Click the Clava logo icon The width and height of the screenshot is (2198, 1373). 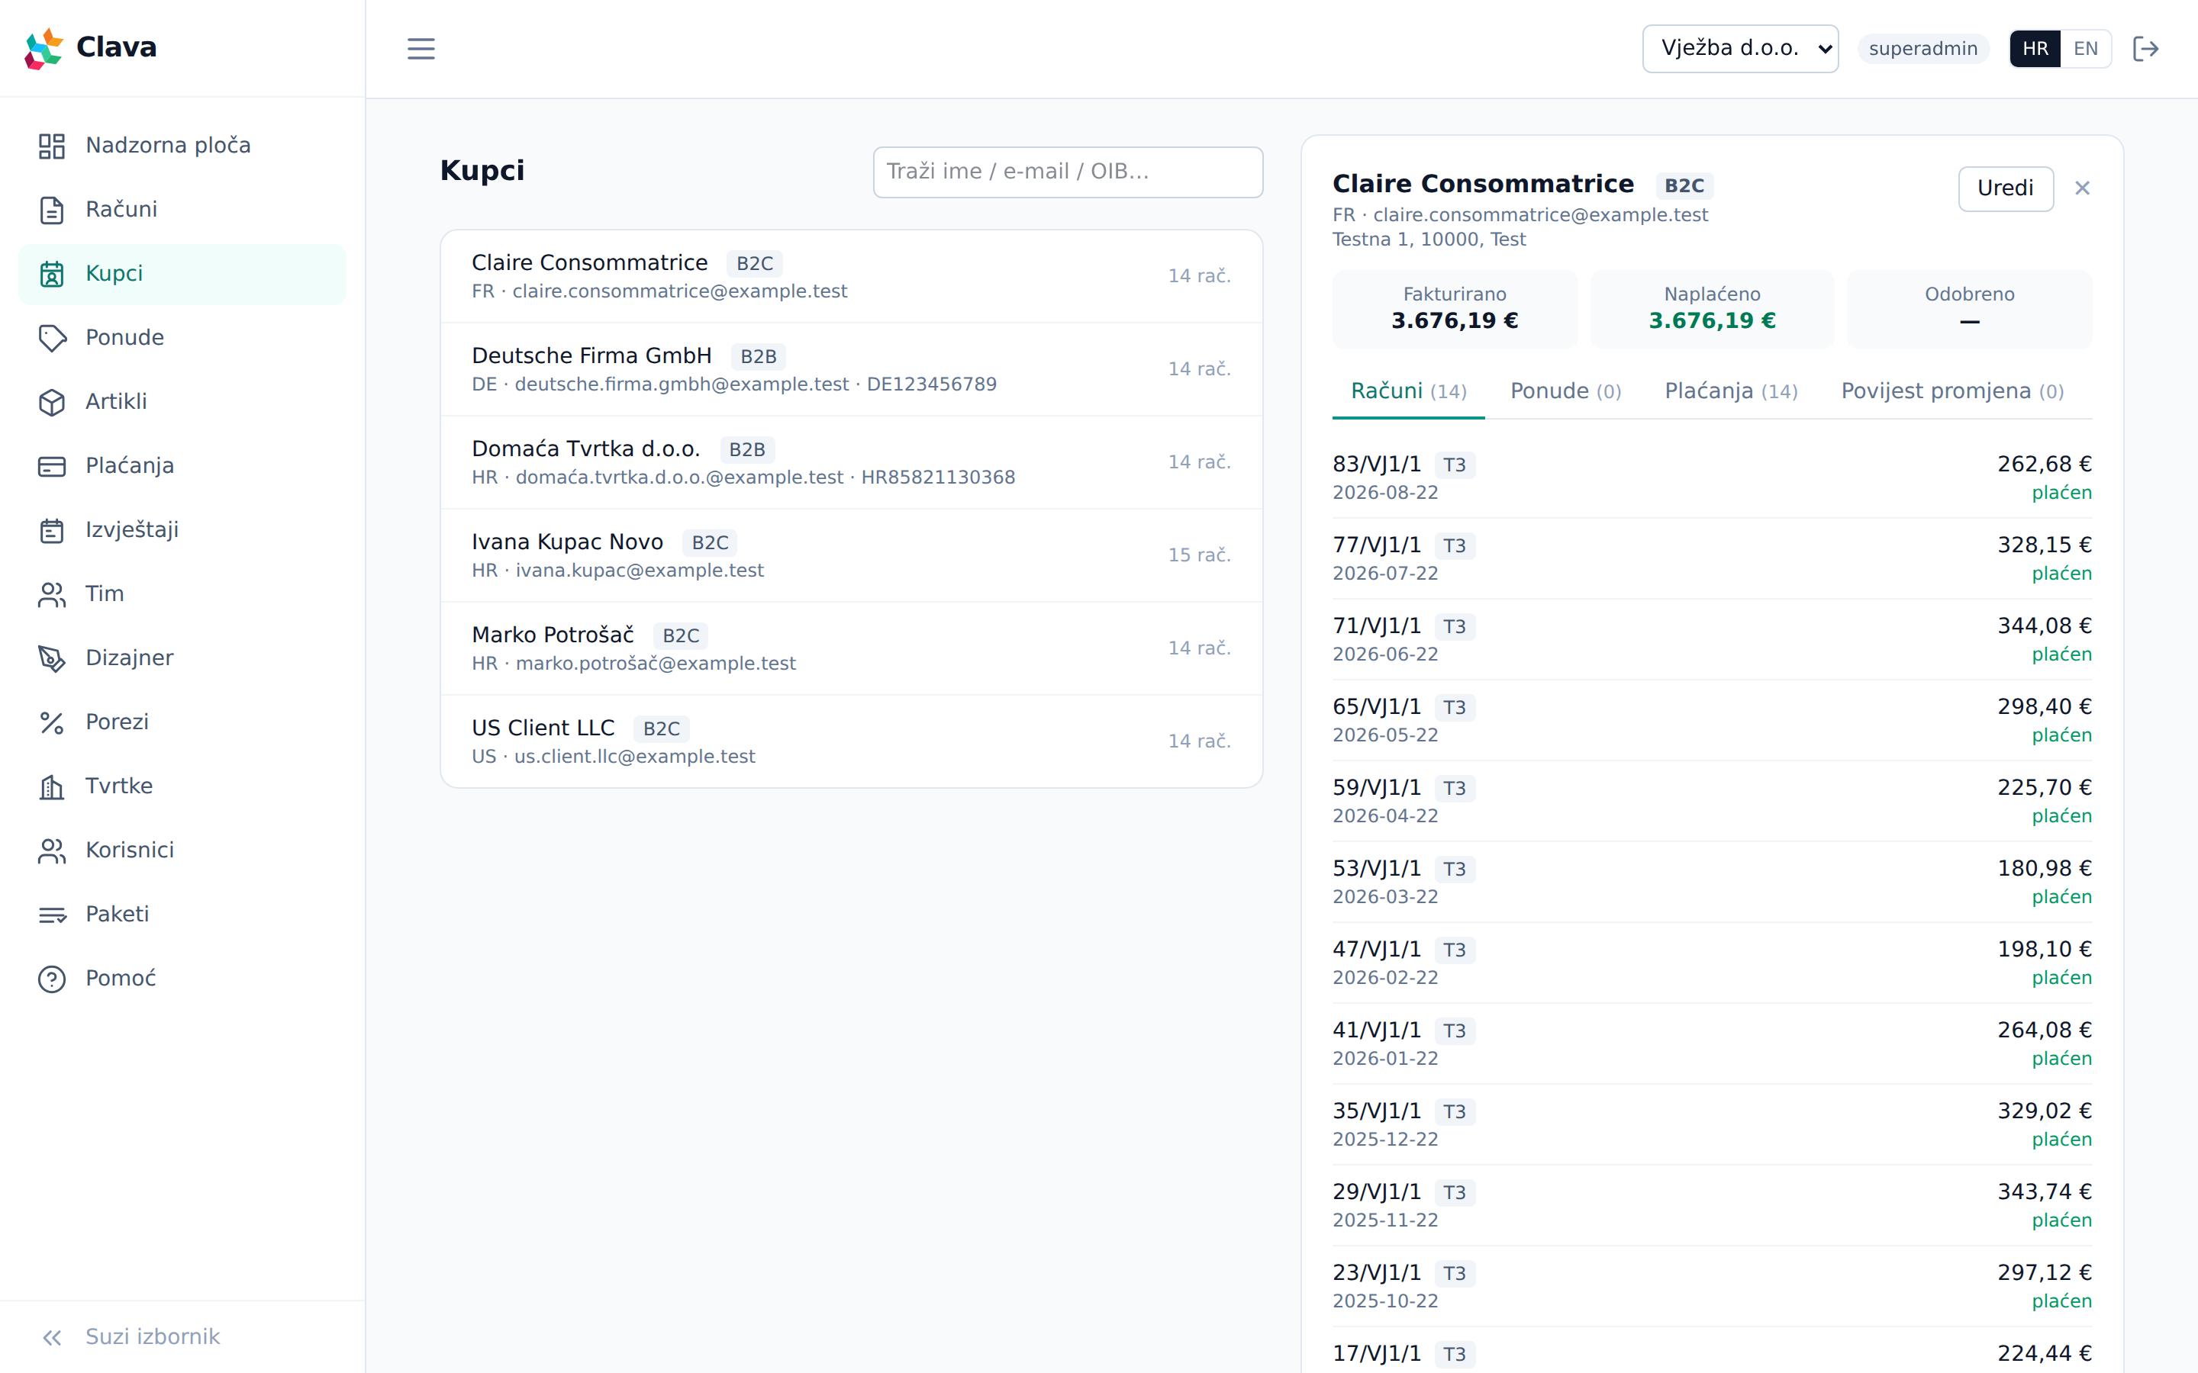click(x=44, y=48)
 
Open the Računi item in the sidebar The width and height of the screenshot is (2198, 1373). click(x=121, y=210)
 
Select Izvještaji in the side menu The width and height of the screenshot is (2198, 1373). click(x=132, y=530)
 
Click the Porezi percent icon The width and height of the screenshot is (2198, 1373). click(x=52, y=723)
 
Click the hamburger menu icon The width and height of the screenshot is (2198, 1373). click(x=421, y=49)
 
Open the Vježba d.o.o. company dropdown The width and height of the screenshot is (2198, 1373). click(x=1739, y=49)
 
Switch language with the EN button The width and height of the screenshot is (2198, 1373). click(x=2085, y=49)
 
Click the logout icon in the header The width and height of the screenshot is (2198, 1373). click(x=2145, y=49)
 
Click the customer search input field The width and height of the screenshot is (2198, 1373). click(x=1067, y=172)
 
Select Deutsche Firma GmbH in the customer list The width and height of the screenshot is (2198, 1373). click(x=591, y=356)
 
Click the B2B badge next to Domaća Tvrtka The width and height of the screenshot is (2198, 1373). click(x=746, y=449)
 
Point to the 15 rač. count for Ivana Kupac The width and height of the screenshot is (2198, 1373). click(x=1199, y=555)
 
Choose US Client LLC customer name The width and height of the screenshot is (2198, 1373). click(x=543, y=728)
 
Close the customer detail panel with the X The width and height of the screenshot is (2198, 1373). click(x=2082, y=188)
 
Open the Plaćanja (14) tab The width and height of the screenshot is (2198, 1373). click(x=1730, y=391)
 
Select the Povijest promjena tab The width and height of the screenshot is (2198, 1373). click(x=1951, y=391)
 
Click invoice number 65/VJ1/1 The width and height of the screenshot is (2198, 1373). click(x=1376, y=706)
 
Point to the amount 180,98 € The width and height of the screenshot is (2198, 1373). click(x=2044, y=868)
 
